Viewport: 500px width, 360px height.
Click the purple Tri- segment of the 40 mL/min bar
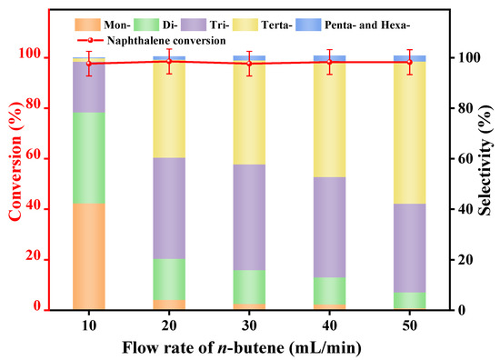[329, 227]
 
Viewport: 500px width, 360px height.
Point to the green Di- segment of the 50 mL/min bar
[408, 300]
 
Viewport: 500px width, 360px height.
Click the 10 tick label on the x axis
[89, 325]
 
